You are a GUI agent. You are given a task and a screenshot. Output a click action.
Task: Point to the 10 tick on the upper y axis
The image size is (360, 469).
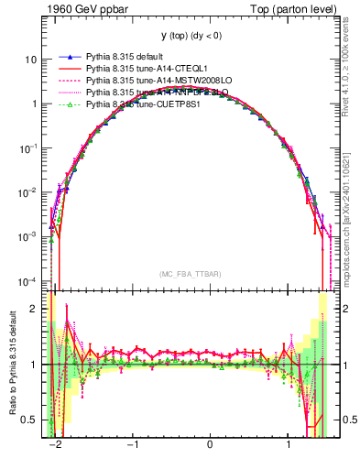click(x=32, y=60)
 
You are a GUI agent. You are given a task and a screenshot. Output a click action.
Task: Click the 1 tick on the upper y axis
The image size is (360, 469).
click(x=35, y=104)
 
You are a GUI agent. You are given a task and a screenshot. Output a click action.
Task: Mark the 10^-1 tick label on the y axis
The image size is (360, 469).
click(x=29, y=147)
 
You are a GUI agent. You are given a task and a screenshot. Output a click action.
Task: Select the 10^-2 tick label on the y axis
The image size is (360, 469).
click(x=29, y=191)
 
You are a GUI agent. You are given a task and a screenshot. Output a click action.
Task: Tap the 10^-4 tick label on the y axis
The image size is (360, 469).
click(x=29, y=280)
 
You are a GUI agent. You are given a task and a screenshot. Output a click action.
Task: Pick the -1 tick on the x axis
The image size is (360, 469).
click(x=133, y=445)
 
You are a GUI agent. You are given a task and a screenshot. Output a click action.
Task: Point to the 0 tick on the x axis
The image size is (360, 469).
click(x=211, y=445)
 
